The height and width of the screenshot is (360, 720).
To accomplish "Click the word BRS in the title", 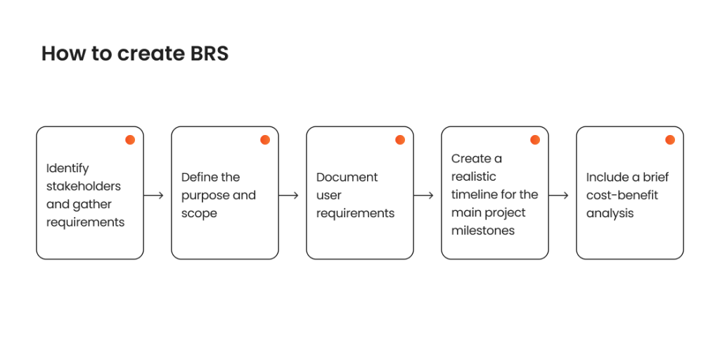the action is click(209, 53).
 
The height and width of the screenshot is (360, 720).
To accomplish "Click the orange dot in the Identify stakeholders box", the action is click(130, 140).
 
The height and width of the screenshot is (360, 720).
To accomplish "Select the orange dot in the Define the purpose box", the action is click(265, 140).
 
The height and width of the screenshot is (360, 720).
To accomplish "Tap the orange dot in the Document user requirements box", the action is click(400, 140).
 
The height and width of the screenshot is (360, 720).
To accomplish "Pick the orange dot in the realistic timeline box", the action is click(535, 140).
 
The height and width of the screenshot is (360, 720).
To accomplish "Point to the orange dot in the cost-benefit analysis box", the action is click(670, 140).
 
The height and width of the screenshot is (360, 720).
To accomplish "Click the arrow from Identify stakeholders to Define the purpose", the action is click(153, 195).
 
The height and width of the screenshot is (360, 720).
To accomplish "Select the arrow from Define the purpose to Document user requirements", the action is click(288, 195).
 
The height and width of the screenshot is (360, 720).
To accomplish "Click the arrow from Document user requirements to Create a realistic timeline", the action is click(423, 195).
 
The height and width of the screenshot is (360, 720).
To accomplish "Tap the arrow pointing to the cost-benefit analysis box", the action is click(558, 195).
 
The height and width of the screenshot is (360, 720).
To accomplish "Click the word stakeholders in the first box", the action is click(84, 186).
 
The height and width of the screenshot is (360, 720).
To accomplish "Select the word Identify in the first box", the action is click(67, 169).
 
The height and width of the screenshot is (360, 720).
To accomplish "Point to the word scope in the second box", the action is click(199, 214).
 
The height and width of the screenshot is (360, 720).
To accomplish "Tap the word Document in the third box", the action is click(347, 177).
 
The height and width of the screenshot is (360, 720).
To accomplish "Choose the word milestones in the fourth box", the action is click(483, 231).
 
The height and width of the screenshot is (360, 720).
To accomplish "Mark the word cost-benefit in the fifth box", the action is click(622, 195).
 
